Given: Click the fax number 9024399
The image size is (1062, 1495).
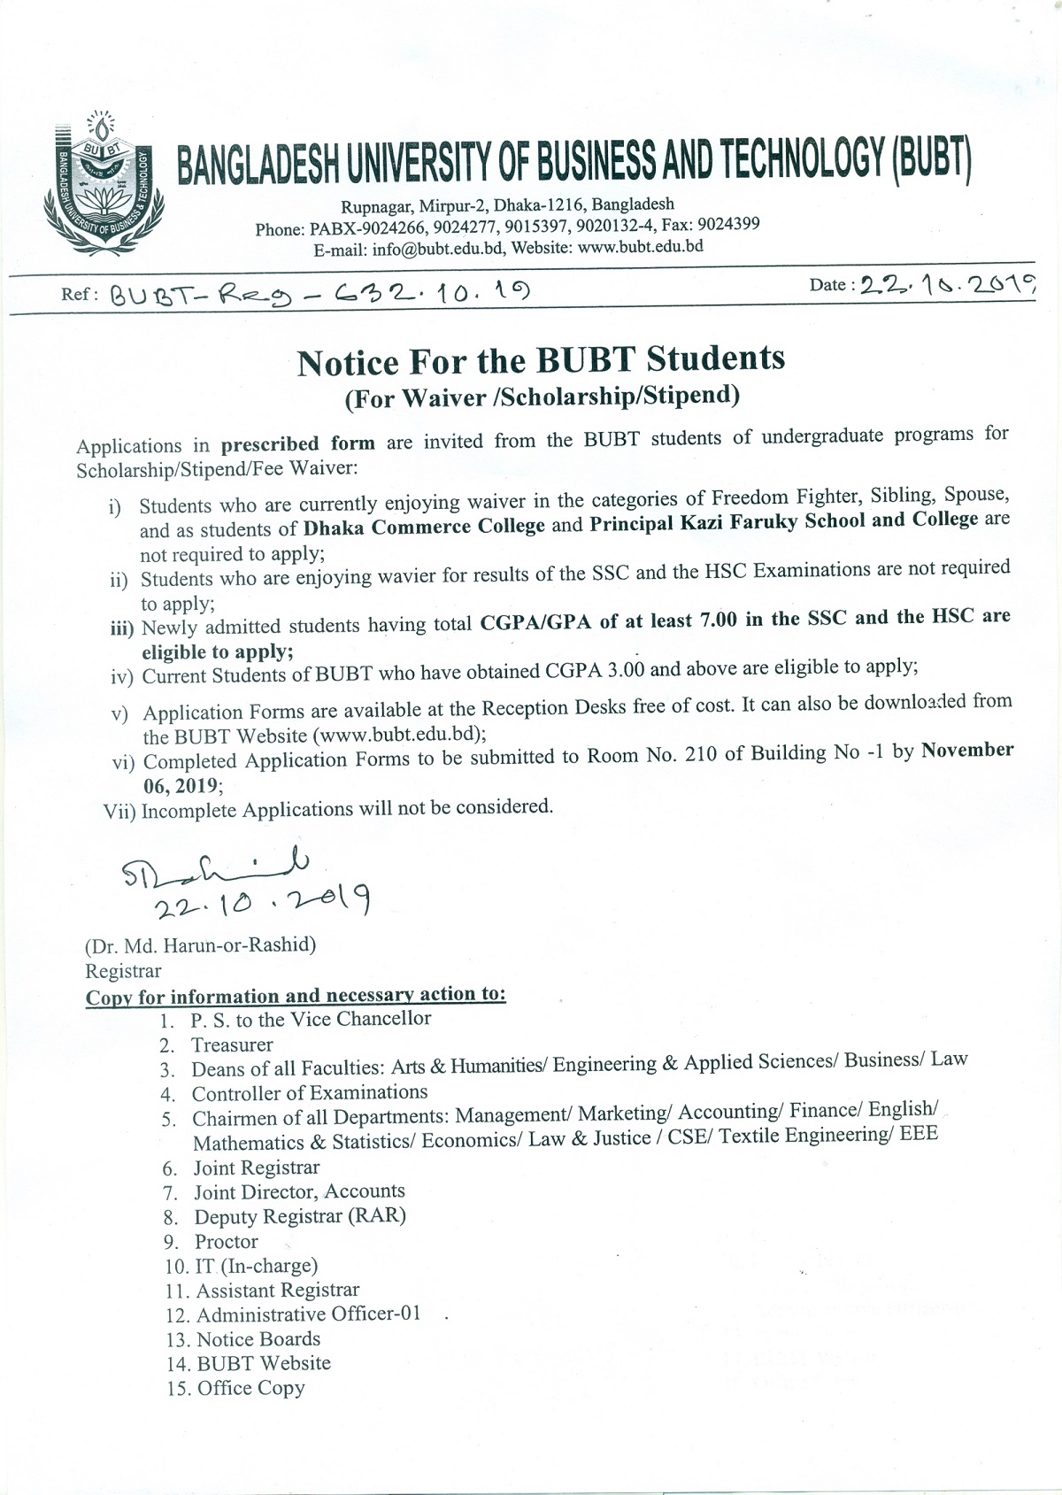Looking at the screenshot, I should [x=729, y=224].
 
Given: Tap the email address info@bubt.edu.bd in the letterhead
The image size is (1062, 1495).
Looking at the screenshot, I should [x=439, y=250].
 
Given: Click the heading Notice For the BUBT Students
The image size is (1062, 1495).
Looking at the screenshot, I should [x=541, y=360].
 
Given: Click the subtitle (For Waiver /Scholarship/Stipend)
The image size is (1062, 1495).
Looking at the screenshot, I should [x=541, y=396].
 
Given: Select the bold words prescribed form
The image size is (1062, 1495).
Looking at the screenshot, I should [x=298, y=443].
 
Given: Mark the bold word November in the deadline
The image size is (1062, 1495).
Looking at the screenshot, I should [x=967, y=751].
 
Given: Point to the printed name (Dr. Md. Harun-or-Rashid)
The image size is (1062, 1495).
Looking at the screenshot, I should [x=200, y=944].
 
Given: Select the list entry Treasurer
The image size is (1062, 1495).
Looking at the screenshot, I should [x=232, y=1045].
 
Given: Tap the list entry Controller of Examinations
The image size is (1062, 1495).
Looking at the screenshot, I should [x=310, y=1093].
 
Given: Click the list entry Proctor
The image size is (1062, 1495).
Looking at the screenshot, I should [x=227, y=1242].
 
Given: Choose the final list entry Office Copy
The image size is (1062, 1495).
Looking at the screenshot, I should [x=251, y=1388].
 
